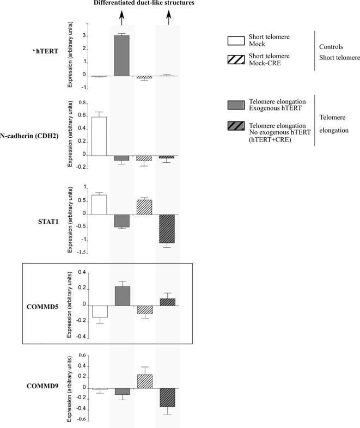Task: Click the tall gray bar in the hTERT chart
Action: [x=121, y=55]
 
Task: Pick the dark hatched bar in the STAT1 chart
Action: [x=168, y=228]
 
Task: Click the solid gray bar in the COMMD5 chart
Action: [x=122, y=295]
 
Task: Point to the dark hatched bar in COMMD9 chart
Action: [x=168, y=397]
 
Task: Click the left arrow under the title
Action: [x=121, y=18]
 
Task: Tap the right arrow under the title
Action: [x=168, y=18]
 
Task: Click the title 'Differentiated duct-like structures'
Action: [x=144, y=4]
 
